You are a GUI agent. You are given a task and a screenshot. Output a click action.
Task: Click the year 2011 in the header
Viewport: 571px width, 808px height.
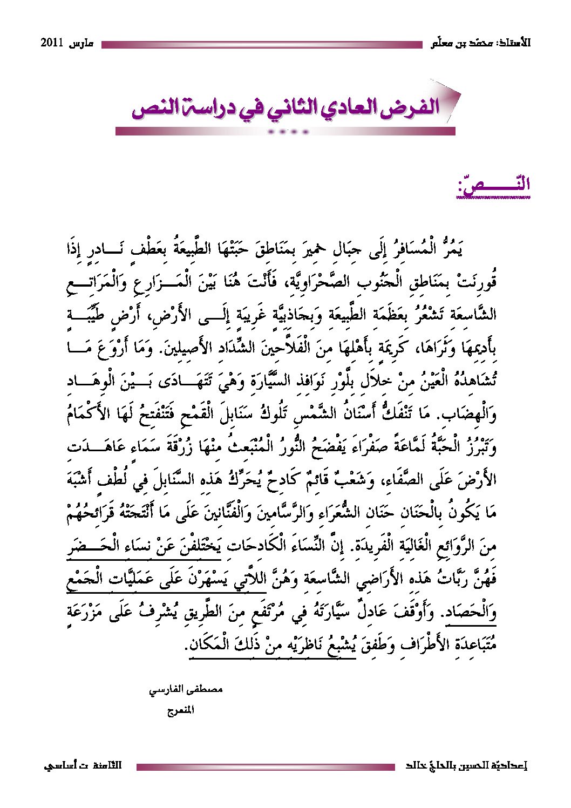[53, 43]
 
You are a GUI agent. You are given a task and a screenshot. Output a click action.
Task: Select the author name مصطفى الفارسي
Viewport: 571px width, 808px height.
[186, 689]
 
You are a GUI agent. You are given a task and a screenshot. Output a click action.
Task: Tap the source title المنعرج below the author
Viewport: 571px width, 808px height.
[180, 710]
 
